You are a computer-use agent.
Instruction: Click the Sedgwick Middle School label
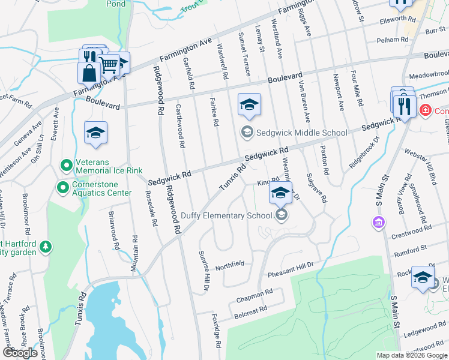(302, 133)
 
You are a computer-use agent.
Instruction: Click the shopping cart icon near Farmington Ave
(108, 64)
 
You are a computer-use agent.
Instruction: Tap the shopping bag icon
(89, 73)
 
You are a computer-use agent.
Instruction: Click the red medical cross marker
(426, 111)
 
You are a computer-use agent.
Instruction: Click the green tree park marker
(46, 247)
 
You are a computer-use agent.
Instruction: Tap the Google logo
(20, 353)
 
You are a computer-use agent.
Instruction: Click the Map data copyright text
(412, 355)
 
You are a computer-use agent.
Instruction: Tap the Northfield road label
(230, 264)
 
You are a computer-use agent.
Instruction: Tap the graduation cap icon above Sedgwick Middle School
(249, 104)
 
